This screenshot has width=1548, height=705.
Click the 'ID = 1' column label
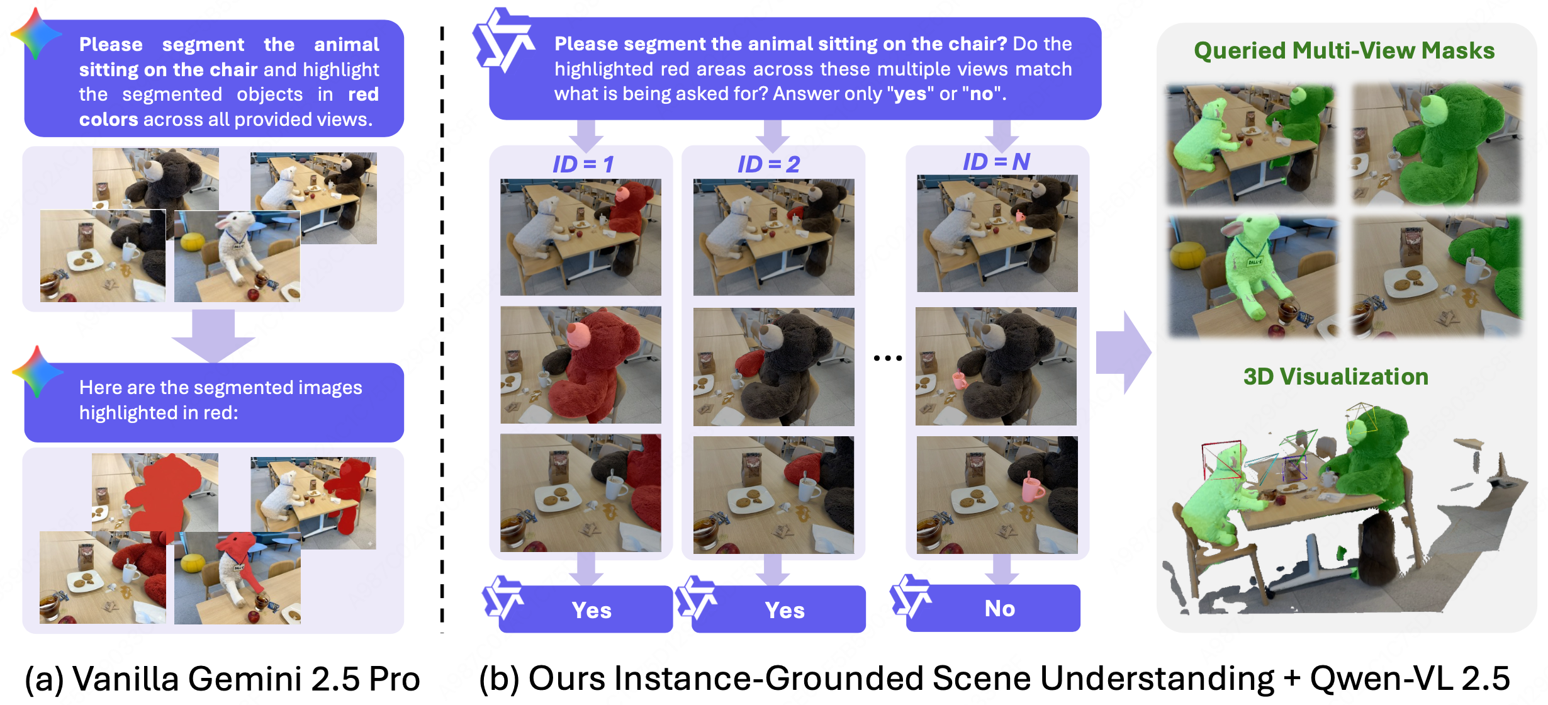coord(583,164)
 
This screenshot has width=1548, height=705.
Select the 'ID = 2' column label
coord(768,164)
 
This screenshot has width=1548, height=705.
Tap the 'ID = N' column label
coord(996,162)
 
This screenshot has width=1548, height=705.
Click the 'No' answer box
coord(999,608)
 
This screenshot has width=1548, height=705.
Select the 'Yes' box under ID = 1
coord(591,610)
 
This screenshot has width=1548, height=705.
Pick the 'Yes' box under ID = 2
coord(784,610)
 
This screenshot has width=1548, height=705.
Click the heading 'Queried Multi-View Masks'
coord(1344,50)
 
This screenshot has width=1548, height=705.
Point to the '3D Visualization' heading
coord(1335,376)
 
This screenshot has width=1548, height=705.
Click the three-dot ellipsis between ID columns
coord(887,358)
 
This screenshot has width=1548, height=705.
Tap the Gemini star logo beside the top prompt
coord(35,34)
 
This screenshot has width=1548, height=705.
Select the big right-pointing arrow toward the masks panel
coord(1123,352)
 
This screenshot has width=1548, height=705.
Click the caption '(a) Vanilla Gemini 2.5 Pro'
coord(222,679)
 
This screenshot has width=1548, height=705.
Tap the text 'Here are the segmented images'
coord(220,387)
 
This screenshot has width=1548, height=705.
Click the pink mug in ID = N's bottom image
coord(1032,488)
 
